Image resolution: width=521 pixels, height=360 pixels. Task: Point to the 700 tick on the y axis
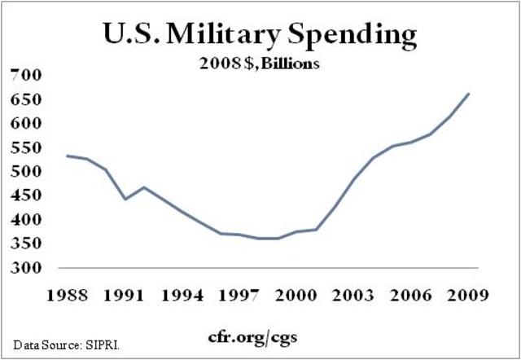pyautogui.click(x=25, y=75)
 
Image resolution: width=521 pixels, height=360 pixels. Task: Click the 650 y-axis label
pyautogui.click(x=25, y=99)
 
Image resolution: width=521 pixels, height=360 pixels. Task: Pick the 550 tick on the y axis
pyautogui.click(x=25, y=147)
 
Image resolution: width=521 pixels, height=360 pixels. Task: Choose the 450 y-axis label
pyautogui.click(x=25, y=195)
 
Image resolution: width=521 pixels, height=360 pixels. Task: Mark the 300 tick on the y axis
pyautogui.click(x=25, y=268)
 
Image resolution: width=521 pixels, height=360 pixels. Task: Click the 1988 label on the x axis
pyautogui.click(x=64, y=295)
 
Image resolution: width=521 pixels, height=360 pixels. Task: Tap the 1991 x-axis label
pyautogui.click(x=124, y=295)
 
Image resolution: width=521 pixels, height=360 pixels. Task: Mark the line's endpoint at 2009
pyautogui.click(x=469, y=94)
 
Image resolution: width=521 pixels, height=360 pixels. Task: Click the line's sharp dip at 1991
pyautogui.click(x=125, y=199)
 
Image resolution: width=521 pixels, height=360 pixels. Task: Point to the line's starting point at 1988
pyautogui.click(x=67, y=156)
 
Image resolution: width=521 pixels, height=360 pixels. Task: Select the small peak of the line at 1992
pyautogui.click(x=144, y=187)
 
